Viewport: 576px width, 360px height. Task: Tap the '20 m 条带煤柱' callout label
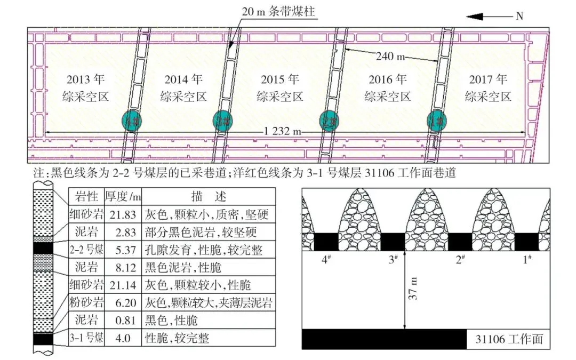click(278, 10)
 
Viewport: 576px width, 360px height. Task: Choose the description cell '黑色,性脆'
click(170, 321)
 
